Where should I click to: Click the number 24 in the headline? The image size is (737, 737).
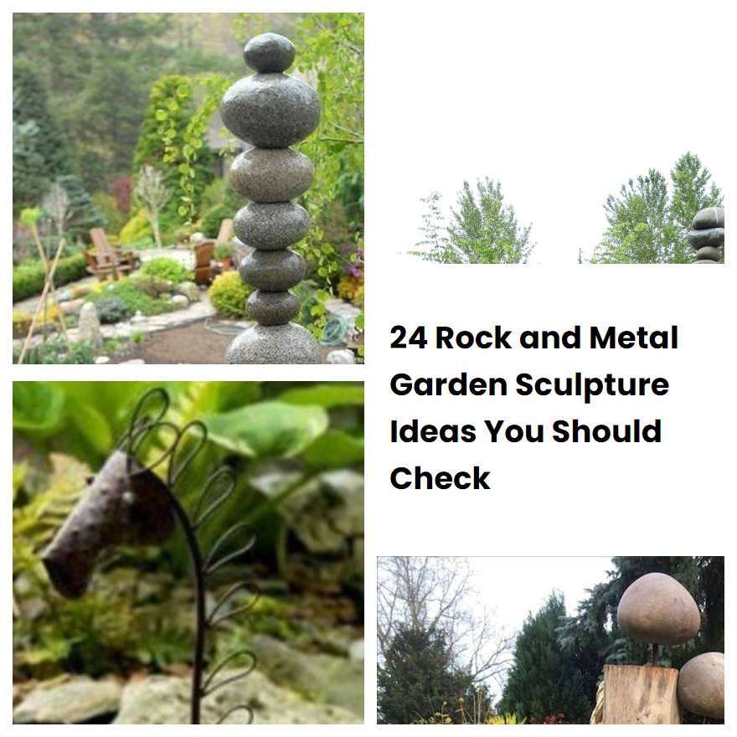click(409, 338)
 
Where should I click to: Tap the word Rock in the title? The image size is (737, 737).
click(473, 338)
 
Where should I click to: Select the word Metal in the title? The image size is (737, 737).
click(634, 338)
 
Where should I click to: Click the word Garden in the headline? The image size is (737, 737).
click(448, 384)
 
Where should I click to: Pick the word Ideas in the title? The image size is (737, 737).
click(432, 431)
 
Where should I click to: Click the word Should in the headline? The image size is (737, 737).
click(607, 431)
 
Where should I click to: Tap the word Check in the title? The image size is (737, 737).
click(440, 478)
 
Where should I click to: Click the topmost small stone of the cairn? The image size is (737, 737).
click(270, 53)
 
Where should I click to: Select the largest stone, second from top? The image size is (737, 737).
click(271, 111)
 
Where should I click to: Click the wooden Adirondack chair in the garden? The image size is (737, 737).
click(111, 255)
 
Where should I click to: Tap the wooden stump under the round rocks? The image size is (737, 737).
click(640, 693)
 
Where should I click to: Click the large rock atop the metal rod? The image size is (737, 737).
click(658, 609)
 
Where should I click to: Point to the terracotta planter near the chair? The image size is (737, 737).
click(204, 262)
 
